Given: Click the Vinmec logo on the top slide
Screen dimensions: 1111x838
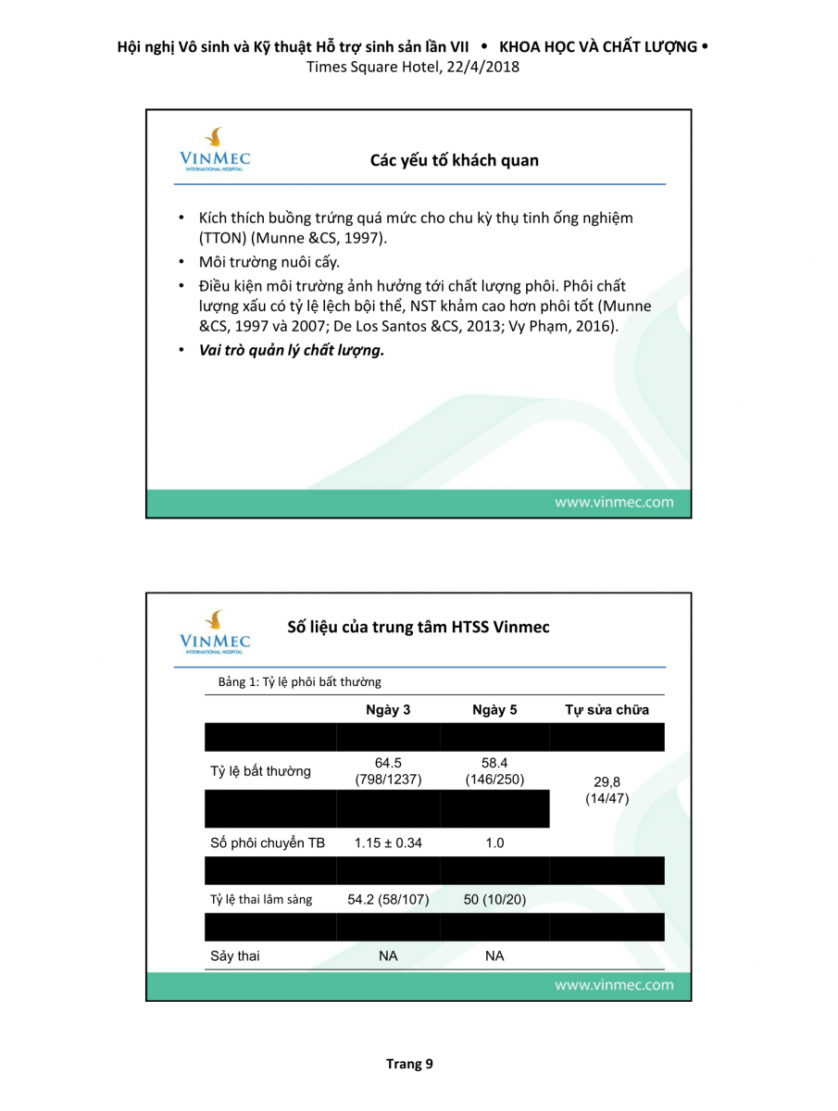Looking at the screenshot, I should point(215,149).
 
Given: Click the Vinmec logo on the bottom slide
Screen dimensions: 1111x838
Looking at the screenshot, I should point(215,630).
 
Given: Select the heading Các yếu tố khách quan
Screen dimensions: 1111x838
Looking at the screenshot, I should point(454,160).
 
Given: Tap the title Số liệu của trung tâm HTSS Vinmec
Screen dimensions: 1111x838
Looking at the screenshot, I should point(419,627).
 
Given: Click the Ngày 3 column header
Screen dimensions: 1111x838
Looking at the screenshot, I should point(388,710).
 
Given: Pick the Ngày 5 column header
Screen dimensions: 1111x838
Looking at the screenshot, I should point(494,710).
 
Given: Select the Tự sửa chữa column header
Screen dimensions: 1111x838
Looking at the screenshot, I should point(607,710).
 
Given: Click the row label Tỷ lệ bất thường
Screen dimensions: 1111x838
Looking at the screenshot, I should point(260,771).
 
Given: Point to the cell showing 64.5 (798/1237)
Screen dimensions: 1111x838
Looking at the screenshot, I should point(388,771).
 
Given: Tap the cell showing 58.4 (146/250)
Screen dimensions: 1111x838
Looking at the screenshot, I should point(494,771).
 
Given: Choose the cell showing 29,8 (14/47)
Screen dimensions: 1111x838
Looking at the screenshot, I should point(607,790).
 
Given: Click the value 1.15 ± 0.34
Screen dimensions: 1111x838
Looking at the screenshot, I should point(388,843).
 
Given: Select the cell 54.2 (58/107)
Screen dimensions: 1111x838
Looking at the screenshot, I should point(388,899).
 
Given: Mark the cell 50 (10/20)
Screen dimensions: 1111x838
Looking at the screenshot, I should point(494,899).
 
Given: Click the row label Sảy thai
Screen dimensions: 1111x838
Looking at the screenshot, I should point(235,955).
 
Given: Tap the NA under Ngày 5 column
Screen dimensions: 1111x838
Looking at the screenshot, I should point(494,955).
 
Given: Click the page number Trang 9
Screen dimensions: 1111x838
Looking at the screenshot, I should point(409,1064).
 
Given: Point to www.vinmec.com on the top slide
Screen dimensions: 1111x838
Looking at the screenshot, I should point(614,503).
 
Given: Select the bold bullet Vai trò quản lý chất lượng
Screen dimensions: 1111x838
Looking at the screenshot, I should point(292,350).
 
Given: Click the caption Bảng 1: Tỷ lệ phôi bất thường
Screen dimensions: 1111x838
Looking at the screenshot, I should point(299,682).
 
